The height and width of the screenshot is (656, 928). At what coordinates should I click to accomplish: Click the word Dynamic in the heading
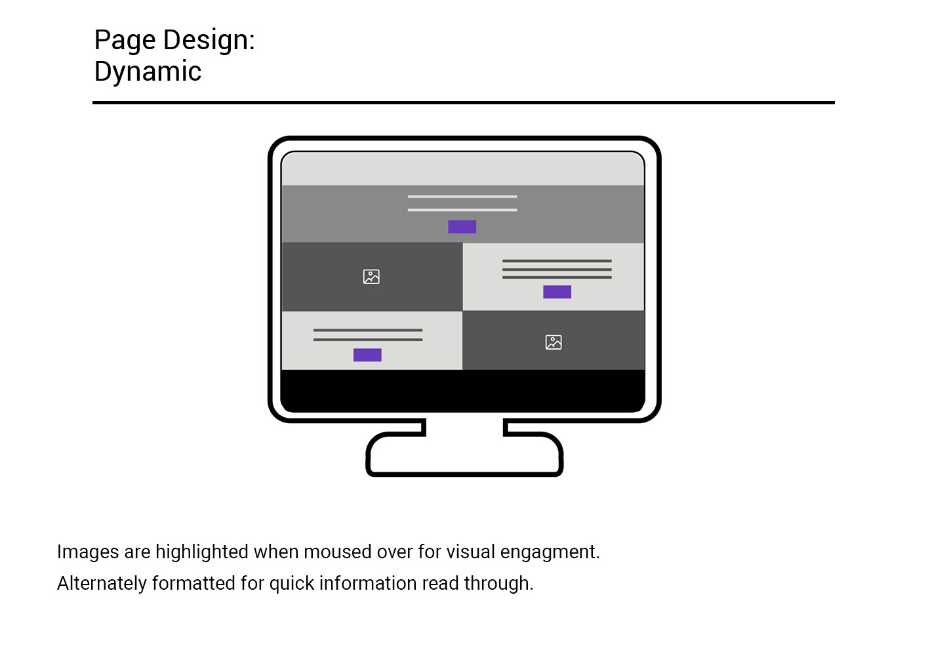click(148, 72)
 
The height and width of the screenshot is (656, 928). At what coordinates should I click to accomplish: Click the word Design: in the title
click(209, 41)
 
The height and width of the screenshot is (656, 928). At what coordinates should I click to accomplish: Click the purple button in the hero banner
click(462, 227)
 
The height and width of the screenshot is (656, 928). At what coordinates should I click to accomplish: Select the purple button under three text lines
click(557, 292)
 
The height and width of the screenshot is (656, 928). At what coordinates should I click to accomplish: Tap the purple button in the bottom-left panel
click(367, 355)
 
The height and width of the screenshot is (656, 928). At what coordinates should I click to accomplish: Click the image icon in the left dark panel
click(371, 277)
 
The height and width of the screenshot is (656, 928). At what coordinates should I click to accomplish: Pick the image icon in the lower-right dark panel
click(554, 342)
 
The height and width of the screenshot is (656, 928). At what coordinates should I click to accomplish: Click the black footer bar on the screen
click(463, 390)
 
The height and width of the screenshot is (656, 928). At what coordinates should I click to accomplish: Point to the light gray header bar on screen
click(463, 169)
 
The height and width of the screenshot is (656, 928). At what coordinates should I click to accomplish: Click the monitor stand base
click(464, 455)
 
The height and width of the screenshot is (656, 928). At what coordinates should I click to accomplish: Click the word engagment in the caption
click(550, 553)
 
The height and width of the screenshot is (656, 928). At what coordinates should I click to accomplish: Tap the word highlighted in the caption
click(202, 553)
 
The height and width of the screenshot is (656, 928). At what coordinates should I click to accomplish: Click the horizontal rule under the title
click(464, 102)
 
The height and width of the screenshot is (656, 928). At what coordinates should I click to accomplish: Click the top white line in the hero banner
click(462, 196)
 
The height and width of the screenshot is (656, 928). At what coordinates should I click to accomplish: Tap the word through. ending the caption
click(499, 584)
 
